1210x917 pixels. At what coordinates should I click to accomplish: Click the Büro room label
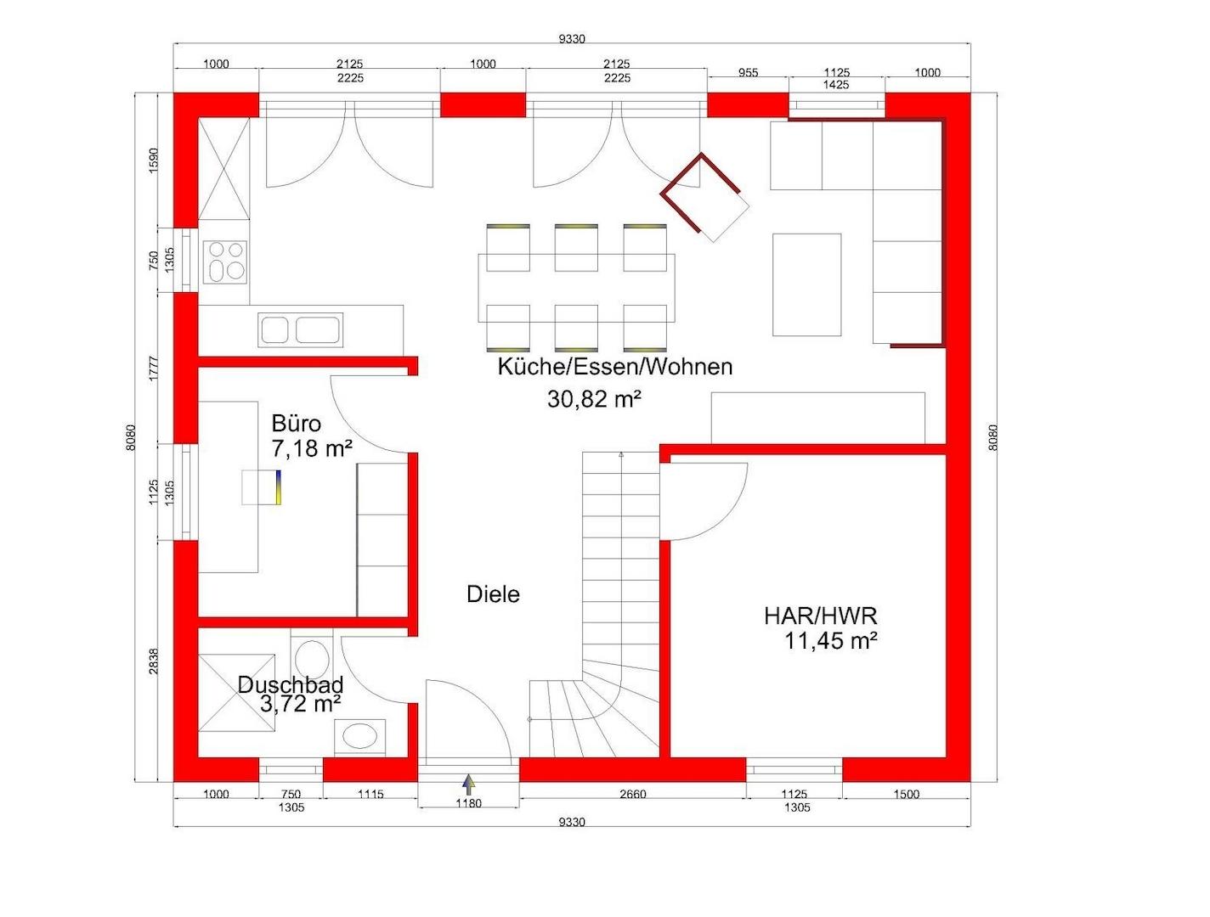(296, 424)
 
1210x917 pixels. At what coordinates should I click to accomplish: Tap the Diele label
(493, 594)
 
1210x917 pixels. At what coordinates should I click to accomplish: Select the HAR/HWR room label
(820, 616)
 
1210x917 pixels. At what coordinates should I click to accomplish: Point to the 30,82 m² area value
(594, 399)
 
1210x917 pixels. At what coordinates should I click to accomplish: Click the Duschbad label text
(291, 684)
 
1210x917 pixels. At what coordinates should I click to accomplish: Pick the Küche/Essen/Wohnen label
(615, 367)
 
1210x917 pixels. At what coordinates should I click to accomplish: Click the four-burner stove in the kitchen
(224, 262)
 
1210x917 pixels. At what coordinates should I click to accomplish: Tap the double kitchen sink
(301, 330)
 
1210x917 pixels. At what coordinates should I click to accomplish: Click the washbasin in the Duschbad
(360, 737)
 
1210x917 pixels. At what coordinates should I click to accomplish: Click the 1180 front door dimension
(468, 803)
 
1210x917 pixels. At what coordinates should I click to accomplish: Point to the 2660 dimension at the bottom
(632, 794)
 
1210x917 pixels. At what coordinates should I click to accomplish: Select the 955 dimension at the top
(748, 73)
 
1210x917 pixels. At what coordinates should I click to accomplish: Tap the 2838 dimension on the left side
(154, 661)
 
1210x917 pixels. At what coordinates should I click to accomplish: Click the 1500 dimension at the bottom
(907, 794)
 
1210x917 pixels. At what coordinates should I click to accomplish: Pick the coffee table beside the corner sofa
(806, 284)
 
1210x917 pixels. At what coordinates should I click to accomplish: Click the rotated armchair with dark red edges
(704, 197)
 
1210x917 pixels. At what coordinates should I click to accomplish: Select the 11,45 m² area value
(831, 641)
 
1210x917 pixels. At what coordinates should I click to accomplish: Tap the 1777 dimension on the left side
(154, 368)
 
